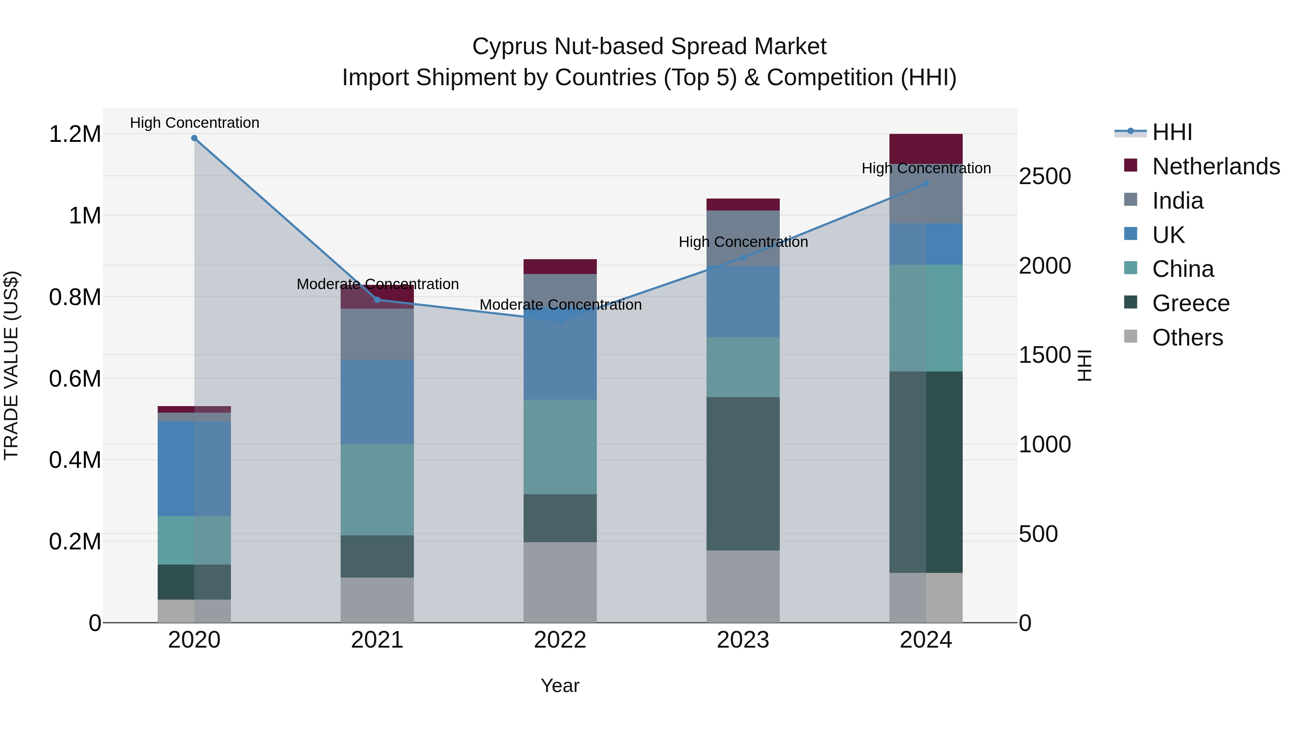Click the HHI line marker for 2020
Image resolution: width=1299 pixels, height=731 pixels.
(194, 138)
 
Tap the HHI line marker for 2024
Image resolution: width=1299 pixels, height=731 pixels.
(926, 184)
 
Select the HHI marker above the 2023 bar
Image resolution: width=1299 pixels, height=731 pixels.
(743, 258)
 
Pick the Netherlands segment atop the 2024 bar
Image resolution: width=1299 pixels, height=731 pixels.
(926, 149)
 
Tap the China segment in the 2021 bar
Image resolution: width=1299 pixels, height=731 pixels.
(377, 489)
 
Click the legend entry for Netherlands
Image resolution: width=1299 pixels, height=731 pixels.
(1215, 166)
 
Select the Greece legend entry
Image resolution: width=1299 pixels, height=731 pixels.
(1190, 303)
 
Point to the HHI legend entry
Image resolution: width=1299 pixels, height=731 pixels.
(1172, 132)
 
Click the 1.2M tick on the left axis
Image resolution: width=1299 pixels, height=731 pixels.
(75, 134)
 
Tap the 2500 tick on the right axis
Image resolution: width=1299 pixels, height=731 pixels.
(1045, 177)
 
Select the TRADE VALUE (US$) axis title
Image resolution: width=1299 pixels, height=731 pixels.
(11, 365)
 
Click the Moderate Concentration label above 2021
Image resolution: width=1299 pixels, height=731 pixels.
(377, 284)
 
